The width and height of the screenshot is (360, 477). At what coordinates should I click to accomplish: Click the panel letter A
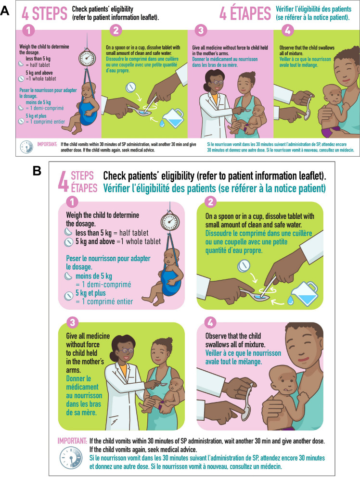coord(5,12)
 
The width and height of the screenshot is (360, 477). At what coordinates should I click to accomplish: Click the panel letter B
coord(37,171)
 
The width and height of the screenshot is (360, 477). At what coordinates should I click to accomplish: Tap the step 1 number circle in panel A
coord(29,30)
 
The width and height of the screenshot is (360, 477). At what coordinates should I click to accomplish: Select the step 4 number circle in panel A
coord(287,30)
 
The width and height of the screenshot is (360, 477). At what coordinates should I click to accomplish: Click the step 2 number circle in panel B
coord(210,201)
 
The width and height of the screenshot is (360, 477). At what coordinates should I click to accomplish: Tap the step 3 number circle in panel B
coord(72,323)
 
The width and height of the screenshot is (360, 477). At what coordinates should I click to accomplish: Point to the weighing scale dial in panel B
coord(170,222)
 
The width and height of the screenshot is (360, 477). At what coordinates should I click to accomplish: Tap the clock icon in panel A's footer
coord(27,147)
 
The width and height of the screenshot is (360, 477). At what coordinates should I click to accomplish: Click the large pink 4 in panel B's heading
coord(63,182)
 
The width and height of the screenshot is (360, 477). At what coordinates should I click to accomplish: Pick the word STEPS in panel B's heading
coord(82,176)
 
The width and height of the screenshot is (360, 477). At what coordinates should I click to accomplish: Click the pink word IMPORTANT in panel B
coord(73,441)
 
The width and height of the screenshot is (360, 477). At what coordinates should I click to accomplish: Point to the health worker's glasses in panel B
coord(126,351)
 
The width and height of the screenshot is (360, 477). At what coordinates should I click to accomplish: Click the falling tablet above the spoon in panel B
coord(244,265)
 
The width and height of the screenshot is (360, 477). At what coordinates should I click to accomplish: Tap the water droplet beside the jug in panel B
coord(291,301)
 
